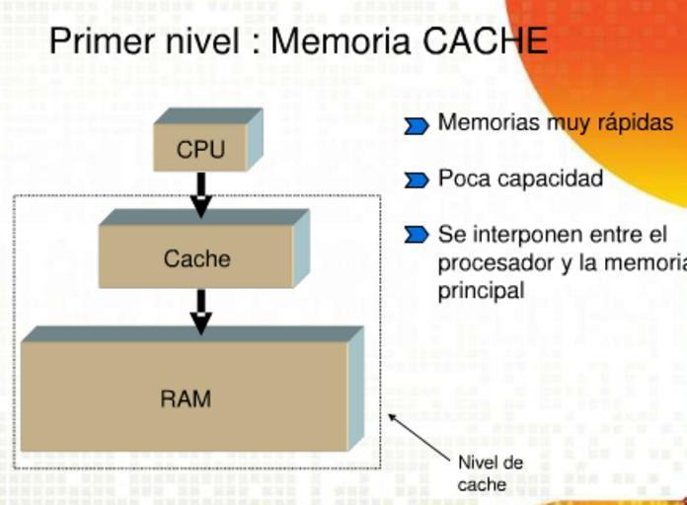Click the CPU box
click(x=201, y=149)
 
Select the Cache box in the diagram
click(x=196, y=258)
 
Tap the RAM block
click(x=186, y=398)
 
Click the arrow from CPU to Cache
click(x=200, y=194)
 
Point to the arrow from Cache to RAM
click(x=200, y=311)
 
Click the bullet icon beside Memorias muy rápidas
click(x=417, y=125)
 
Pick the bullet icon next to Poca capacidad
click(x=417, y=180)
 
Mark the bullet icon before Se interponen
click(x=417, y=235)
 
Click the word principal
click(x=481, y=292)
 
